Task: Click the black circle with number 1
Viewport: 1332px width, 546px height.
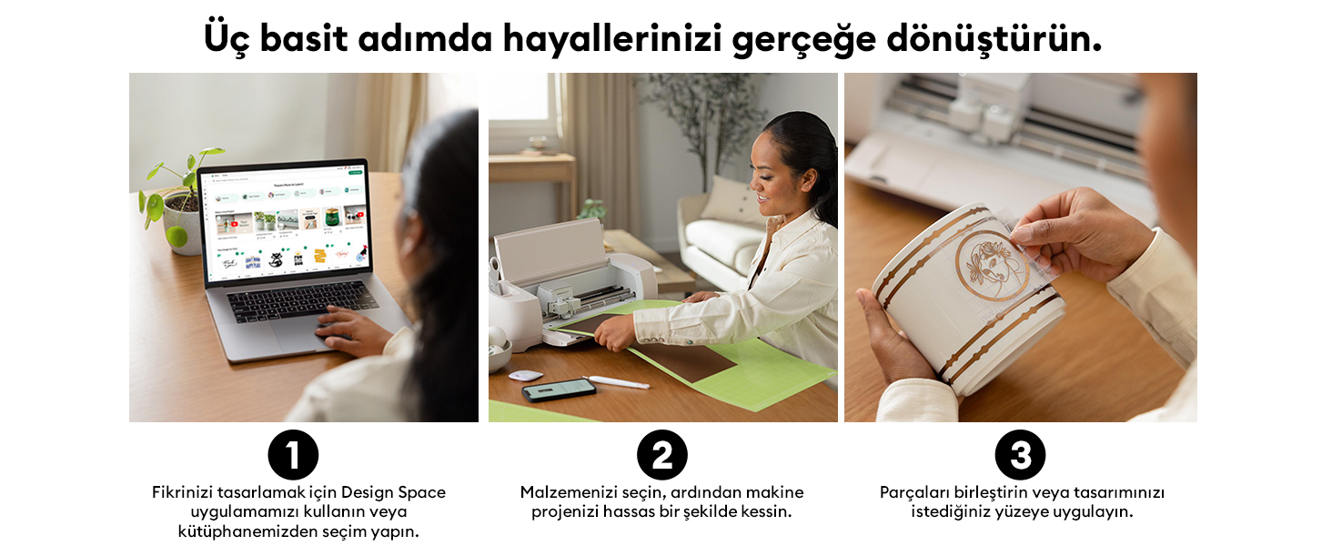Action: tap(293, 455)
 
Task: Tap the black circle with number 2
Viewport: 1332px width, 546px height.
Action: tap(661, 455)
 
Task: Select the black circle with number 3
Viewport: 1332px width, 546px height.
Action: tap(1021, 455)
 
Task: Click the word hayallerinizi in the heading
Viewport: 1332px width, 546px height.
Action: tap(612, 39)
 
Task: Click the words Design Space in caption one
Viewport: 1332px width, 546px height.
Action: tap(393, 493)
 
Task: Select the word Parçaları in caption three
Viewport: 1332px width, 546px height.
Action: tap(914, 493)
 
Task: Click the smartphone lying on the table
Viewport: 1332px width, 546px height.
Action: tap(559, 389)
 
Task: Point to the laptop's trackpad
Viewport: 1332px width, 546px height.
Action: tap(302, 334)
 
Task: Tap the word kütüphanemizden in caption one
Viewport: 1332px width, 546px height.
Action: tap(248, 531)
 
